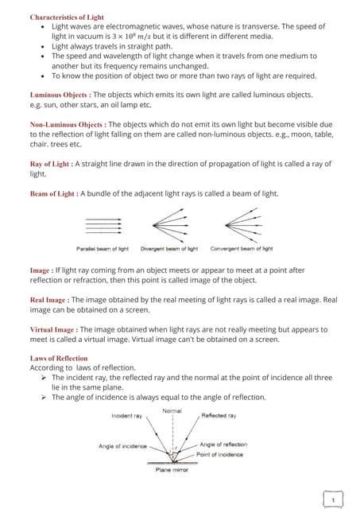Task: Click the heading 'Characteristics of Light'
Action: [x=67, y=17]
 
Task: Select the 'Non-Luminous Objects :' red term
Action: [x=67, y=125]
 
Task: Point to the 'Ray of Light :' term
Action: [x=51, y=164]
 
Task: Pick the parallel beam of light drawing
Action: [x=102, y=226]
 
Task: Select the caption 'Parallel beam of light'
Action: [x=102, y=249]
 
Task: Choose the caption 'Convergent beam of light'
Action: [x=242, y=249]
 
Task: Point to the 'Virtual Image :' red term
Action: [x=52, y=329]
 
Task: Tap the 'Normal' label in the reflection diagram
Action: [x=172, y=410]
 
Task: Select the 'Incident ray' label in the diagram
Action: [x=127, y=416]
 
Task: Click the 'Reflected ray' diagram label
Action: [x=219, y=416]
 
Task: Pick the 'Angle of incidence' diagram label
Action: [x=122, y=446]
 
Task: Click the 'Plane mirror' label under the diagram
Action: [x=171, y=471]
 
